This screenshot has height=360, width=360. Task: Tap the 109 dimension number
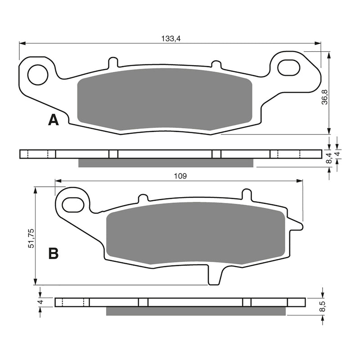coord(180,176)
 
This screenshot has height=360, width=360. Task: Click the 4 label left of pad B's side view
coord(40,302)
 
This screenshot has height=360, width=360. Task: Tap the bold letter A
coord(54,120)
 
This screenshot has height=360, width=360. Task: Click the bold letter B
coord(53,254)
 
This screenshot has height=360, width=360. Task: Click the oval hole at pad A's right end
coord(288,67)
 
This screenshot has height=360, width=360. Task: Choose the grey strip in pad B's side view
coord(196,311)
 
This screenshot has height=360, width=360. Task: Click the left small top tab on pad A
coord(113,62)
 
